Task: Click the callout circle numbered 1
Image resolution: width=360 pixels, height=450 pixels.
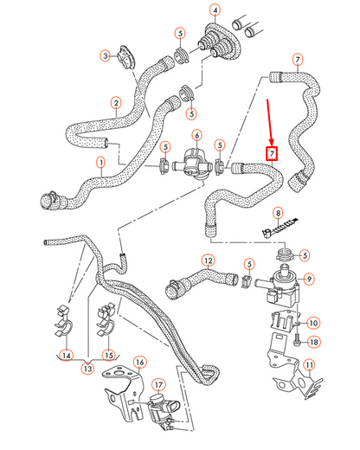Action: (x=100, y=162)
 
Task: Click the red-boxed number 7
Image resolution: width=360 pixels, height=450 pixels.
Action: (x=272, y=154)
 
